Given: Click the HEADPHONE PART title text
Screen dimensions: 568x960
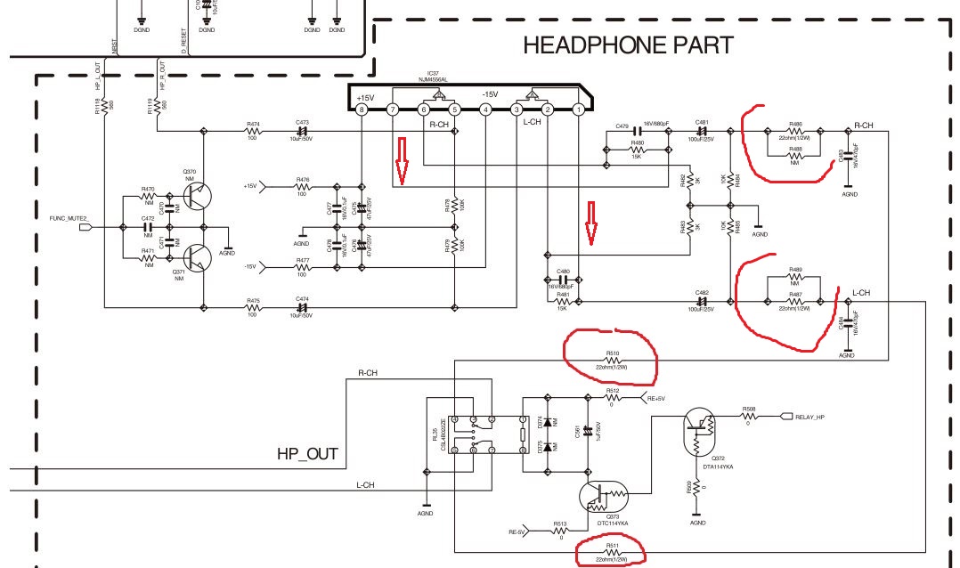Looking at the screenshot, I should [628, 45].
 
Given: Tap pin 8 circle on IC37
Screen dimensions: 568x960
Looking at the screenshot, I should [361, 110].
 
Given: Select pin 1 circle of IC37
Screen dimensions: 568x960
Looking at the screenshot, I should [578, 110].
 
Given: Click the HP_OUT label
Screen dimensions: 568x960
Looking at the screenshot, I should [307, 454].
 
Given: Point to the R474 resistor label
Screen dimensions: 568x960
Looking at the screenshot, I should [253, 124].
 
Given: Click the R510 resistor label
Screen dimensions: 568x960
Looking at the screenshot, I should [612, 353].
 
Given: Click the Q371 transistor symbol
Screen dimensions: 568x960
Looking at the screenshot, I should [198, 257].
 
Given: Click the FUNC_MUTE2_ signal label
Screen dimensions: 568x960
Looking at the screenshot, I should [68, 216].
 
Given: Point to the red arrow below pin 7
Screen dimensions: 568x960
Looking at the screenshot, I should [401, 161].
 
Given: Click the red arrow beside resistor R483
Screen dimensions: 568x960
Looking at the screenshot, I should [590, 222].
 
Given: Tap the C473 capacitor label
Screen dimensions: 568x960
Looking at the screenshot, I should [302, 124].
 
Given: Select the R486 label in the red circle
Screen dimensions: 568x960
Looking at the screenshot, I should [795, 124].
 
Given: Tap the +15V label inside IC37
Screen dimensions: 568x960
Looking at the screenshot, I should [365, 96].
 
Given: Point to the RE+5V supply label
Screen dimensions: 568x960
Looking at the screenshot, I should [656, 399].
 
